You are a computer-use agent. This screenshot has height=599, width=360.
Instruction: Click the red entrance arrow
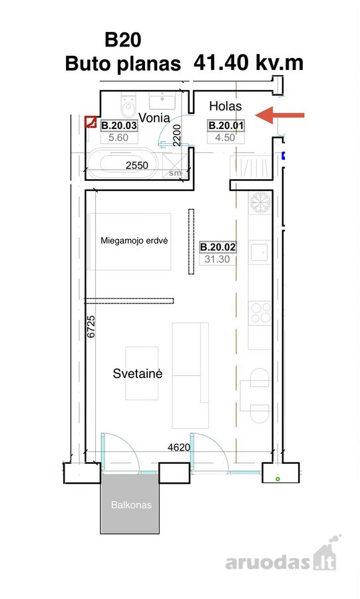(x=279, y=115)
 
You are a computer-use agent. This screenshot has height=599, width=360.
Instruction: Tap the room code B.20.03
(x=118, y=126)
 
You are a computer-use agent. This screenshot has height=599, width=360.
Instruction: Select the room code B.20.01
(x=226, y=126)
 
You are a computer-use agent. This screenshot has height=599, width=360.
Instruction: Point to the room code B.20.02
(x=218, y=247)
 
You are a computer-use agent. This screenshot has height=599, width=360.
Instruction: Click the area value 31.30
(x=217, y=259)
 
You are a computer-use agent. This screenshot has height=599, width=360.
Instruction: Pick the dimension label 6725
(x=91, y=327)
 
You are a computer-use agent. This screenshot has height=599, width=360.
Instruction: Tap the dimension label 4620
(x=178, y=447)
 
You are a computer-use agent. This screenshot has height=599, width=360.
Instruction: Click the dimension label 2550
(x=137, y=166)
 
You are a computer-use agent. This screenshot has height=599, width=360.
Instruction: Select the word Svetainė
(x=138, y=373)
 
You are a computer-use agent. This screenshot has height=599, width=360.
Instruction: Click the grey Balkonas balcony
(x=130, y=504)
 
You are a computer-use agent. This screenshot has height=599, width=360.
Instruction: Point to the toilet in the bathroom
(x=128, y=104)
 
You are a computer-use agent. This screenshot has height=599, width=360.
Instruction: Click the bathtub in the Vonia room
(x=122, y=164)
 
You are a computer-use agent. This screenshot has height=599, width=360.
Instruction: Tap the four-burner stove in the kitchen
(x=260, y=313)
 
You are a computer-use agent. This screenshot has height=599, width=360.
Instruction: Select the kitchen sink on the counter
(x=260, y=252)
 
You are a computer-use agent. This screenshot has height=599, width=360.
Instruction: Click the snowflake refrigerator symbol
(x=260, y=202)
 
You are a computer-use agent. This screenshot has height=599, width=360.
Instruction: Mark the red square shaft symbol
(x=90, y=122)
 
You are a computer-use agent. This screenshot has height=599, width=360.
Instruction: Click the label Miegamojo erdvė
(x=134, y=241)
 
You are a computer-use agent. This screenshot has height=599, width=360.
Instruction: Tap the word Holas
(x=226, y=106)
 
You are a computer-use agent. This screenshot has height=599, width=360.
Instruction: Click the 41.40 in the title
(x=221, y=63)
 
